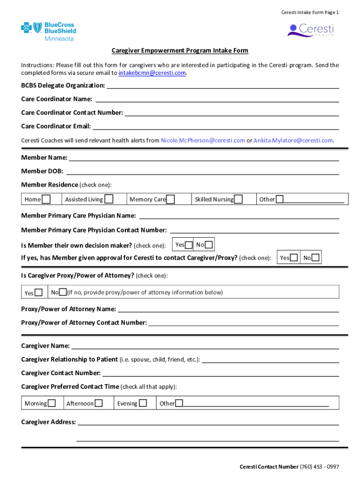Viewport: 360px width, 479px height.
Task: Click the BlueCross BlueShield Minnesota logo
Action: (x=48, y=31)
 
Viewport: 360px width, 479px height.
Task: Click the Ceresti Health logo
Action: (x=310, y=30)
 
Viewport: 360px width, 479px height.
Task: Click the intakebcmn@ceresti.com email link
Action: (x=152, y=73)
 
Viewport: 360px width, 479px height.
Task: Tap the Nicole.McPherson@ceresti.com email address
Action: (x=203, y=140)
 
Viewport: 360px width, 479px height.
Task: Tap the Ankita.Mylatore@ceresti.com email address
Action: (x=293, y=140)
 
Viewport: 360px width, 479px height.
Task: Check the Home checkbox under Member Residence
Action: (x=46, y=200)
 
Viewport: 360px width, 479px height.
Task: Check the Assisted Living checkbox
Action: (x=109, y=199)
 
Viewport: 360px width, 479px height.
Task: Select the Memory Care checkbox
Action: (x=171, y=200)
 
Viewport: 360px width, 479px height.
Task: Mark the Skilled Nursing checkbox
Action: (x=238, y=200)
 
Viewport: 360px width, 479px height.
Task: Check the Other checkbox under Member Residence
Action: (x=280, y=200)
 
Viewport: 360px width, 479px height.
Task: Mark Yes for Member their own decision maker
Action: (x=188, y=245)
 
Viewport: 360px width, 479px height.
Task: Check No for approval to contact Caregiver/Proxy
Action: (x=316, y=258)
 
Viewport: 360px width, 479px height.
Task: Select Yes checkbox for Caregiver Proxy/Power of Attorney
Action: (x=39, y=293)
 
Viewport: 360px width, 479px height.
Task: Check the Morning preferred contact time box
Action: (x=52, y=403)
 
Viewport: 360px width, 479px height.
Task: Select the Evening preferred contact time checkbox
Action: (x=143, y=403)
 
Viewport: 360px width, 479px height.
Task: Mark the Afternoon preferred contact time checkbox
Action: (x=99, y=403)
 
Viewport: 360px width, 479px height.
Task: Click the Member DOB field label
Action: (x=42, y=172)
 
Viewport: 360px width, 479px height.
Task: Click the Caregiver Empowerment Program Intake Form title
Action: (x=180, y=51)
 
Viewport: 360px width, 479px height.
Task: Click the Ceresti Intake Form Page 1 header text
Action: (x=310, y=12)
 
